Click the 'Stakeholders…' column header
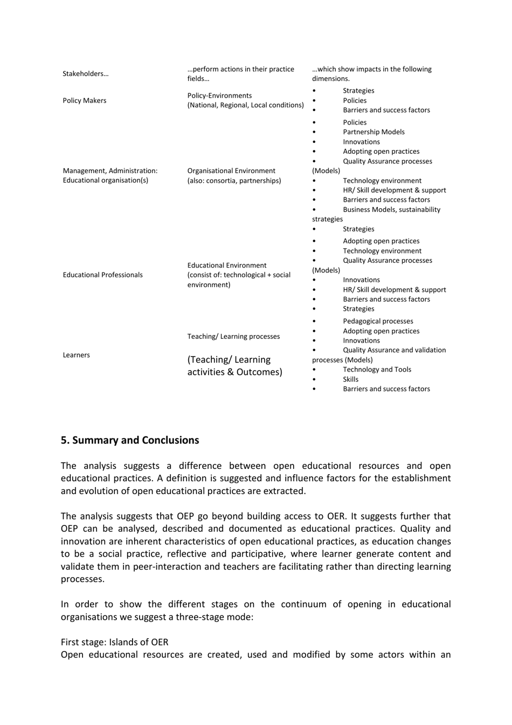pos(85,74)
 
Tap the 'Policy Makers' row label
pos(84,100)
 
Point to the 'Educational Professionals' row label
pos(102,275)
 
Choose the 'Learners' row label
pos(76,355)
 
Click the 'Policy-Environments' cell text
pos(219,95)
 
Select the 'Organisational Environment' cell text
pos(231,170)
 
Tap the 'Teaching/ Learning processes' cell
pos(233,336)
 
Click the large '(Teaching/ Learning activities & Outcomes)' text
pos(234,366)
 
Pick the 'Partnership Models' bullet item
pos(373,132)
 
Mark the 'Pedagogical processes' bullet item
pos(378,321)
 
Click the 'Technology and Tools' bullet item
pos(377,370)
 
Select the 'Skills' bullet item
pos(350,379)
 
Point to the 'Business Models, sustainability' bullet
pos(391,209)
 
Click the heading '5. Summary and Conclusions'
pos(130,440)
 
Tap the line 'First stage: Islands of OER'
pos(114,642)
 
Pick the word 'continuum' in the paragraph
pos(303,604)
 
